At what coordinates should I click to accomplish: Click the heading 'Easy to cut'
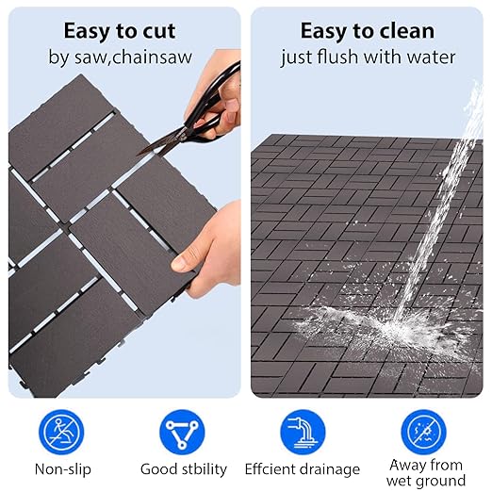point(120,31)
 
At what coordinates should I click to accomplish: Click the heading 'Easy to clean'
point(368,31)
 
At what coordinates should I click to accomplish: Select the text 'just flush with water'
point(368,57)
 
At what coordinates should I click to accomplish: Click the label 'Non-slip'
point(61,468)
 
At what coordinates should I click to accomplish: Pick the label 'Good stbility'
point(183,468)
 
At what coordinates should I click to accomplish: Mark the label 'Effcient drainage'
point(303,468)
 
